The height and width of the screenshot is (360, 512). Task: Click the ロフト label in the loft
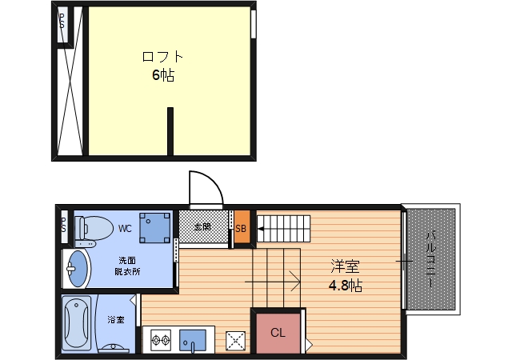(162, 57)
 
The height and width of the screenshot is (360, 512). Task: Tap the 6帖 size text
(163, 76)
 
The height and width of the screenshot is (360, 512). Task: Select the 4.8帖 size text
(345, 286)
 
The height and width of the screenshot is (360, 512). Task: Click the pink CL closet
(277, 331)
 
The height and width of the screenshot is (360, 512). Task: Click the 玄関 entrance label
(202, 227)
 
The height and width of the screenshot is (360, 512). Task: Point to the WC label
(125, 228)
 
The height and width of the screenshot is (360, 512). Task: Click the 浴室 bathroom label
(116, 320)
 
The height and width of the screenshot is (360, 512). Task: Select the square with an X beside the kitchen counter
(236, 342)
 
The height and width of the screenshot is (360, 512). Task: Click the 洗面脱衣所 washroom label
(128, 266)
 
